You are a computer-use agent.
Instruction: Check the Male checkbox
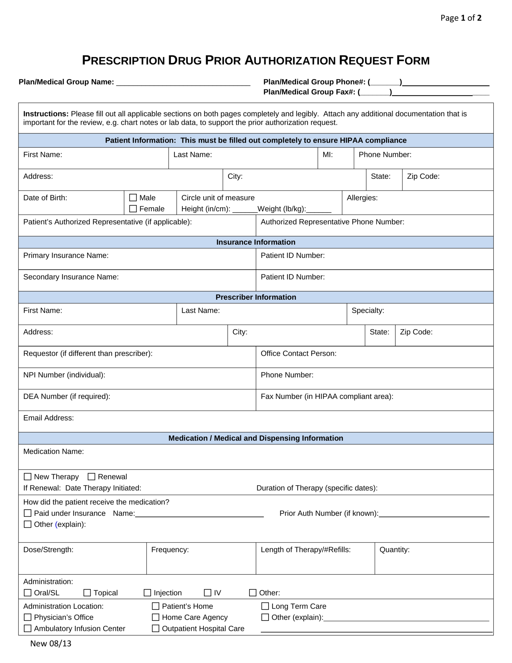click(133, 197)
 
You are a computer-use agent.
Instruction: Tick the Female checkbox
click(133, 209)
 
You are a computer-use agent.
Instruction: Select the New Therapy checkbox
click(28, 477)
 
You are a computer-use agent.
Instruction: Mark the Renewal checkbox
click(92, 477)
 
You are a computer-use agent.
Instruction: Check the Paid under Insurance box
click(28, 513)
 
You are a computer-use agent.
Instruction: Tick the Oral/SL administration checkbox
click(28, 593)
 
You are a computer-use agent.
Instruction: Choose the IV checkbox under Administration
click(207, 593)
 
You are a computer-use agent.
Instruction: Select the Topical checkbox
click(87, 593)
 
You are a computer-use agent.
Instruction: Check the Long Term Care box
click(265, 606)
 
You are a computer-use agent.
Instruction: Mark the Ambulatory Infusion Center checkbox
click(28, 628)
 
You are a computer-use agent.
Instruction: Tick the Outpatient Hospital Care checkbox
click(156, 628)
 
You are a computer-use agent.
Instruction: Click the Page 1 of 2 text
click(461, 18)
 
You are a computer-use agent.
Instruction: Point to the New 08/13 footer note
click(51, 644)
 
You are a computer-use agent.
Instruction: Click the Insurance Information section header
click(256, 242)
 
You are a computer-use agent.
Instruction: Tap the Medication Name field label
click(53, 451)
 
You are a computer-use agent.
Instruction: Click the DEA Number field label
click(67, 397)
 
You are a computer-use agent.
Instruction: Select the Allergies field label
click(362, 198)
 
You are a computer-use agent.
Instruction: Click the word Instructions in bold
click(46, 114)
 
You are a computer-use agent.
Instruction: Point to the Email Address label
click(49, 418)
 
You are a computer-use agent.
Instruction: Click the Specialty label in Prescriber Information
click(368, 310)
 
